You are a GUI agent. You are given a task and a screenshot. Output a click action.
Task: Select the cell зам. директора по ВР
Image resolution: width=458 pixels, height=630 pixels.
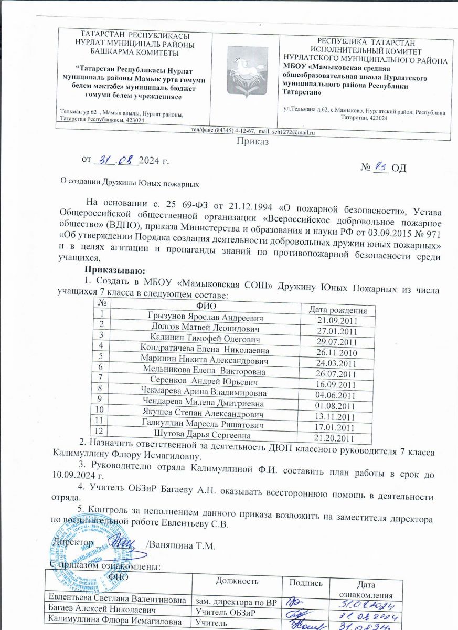click(236, 601)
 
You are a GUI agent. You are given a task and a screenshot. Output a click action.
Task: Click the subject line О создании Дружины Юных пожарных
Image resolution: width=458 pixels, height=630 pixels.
click(131, 184)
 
